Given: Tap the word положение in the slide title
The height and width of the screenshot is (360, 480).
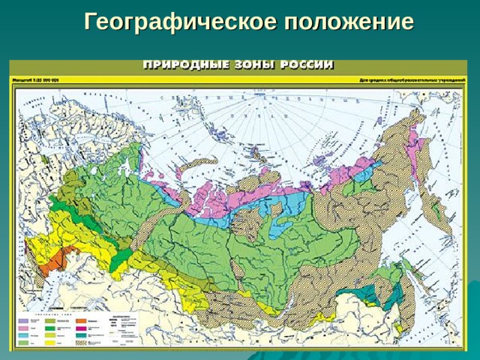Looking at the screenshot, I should pyautogui.click(x=349, y=22).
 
